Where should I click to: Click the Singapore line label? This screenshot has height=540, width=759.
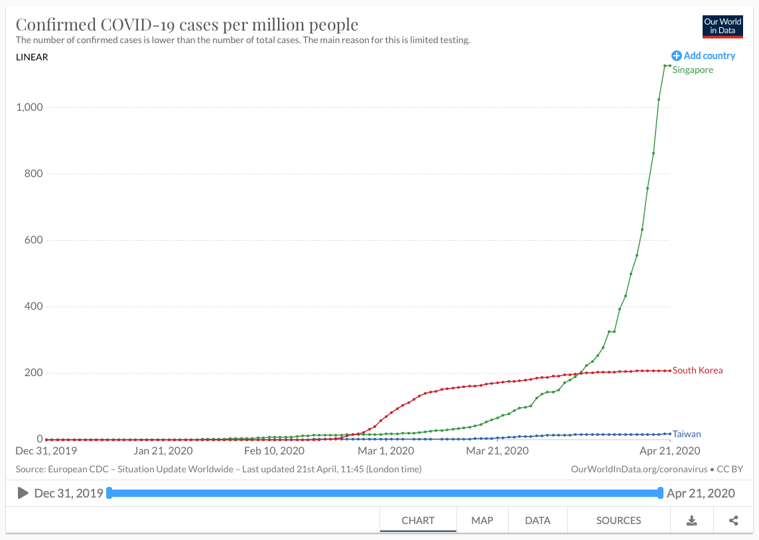tap(693, 70)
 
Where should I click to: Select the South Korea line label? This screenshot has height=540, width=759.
tap(697, 370)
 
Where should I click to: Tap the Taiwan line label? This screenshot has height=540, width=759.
tap(687, 435)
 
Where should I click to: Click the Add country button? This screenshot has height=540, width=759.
tap(703, 56)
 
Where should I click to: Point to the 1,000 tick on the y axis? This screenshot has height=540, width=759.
tap(29, 107)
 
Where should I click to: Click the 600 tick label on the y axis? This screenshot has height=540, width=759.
tap(34, 240)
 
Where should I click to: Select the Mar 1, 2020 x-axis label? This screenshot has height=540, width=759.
tap(385, 451)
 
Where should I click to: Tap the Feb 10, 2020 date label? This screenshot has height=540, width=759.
tap(275, 451)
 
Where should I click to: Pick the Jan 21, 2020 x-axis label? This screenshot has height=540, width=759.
tap(163, 451)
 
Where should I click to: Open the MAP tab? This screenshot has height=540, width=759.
tap(482, 520)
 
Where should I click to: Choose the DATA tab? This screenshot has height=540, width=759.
tap(537, 520)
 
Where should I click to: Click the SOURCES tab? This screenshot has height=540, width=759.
tap(618, 520)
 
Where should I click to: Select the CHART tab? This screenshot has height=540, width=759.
tap(418, 520)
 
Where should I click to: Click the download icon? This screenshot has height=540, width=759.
tap(691, 521)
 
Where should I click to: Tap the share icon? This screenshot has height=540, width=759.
tap(734, 521)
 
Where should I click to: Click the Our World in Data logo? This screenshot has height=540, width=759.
tap(723, 27)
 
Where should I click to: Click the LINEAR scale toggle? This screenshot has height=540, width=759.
tap(32, 57)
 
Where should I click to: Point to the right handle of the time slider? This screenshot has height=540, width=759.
tap(660, 493)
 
